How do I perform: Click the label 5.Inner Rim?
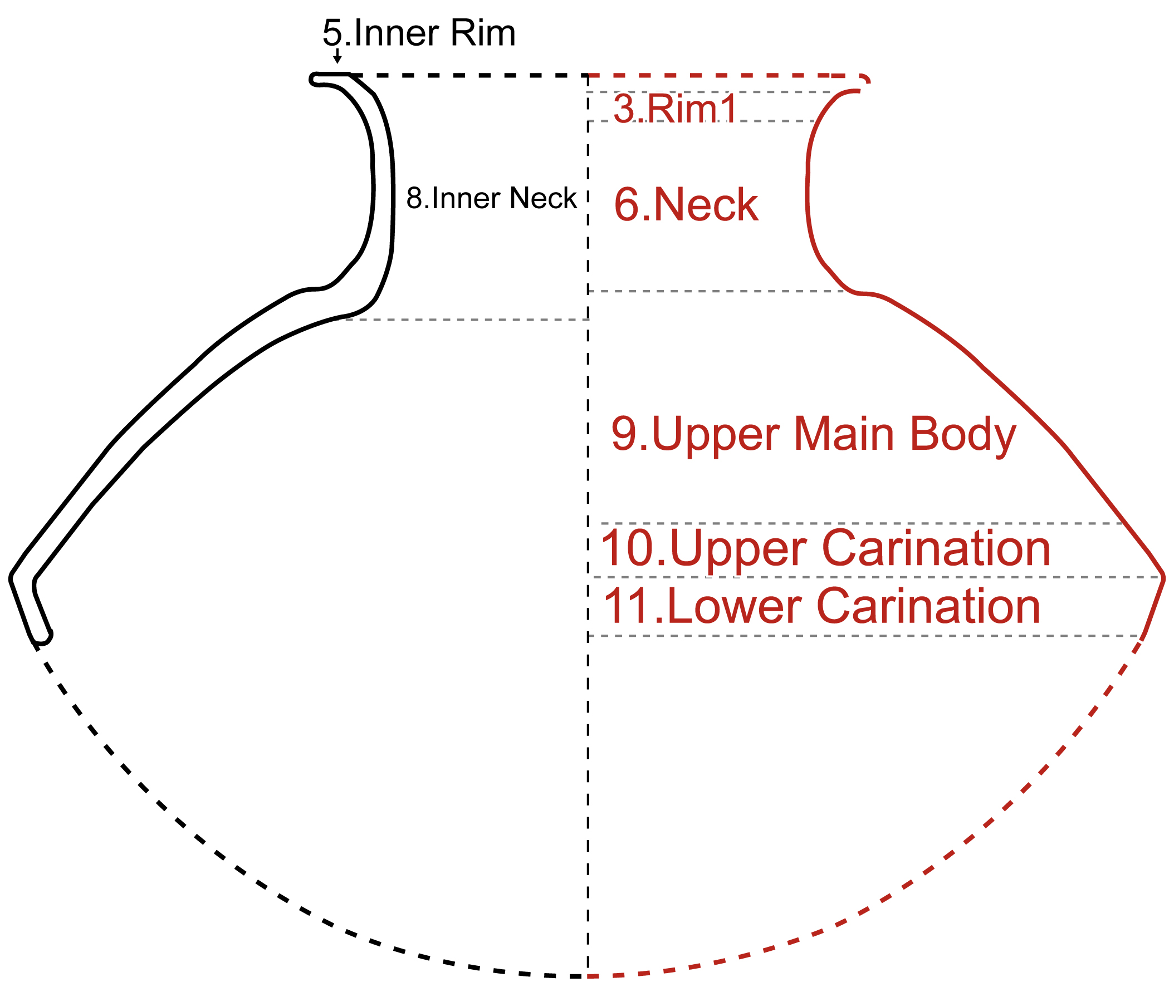pos(419,33)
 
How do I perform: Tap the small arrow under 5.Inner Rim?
pos(337,56)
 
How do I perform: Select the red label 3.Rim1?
pos(675,109)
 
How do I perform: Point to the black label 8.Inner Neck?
pos(491,198)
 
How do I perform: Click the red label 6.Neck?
pos(686,205)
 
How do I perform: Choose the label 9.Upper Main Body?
pos(813,435)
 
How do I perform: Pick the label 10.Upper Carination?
pos(825,549)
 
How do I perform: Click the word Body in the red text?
pos(962,435)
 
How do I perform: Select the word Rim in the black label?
pos(483,33)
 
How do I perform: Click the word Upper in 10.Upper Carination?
pos(737,550)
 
